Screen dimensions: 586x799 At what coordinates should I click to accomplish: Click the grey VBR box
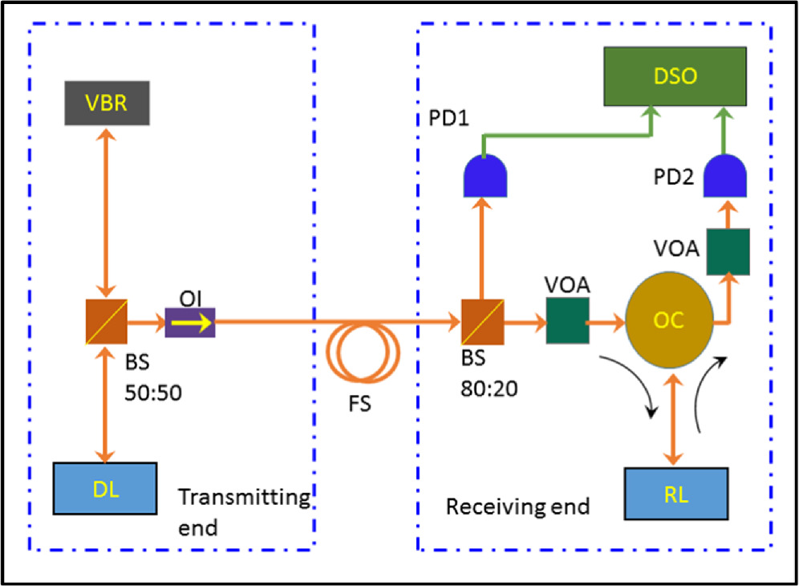coord(108,103)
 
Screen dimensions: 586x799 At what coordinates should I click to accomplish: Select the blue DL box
coord(105,487)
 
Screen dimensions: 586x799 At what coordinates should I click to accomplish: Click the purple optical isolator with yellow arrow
coord(190,323)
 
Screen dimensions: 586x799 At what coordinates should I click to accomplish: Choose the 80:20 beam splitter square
coord(482,321)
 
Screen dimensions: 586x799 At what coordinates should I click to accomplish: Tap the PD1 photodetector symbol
coord(485,176)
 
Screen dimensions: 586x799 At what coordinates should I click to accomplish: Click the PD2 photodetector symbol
coord(725,176)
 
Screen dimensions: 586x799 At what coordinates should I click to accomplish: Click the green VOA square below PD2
coord(728,250)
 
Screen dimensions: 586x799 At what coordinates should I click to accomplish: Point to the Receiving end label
coord(517,507)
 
